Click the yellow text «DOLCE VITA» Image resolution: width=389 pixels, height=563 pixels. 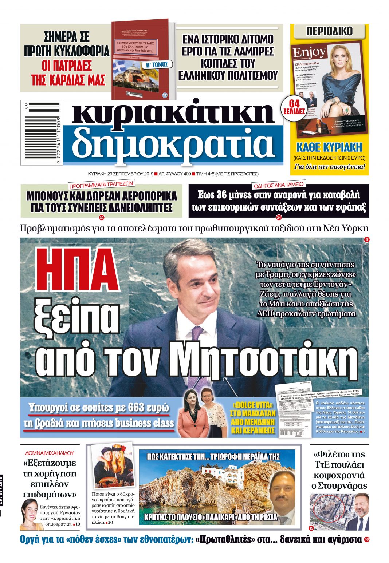pos(253,405)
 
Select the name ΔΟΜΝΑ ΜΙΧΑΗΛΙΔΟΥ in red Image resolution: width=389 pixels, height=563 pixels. pos(50,453)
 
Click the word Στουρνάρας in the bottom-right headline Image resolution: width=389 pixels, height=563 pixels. pos(339,486)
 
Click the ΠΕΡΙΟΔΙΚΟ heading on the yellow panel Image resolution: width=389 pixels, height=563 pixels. pos(329,31)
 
